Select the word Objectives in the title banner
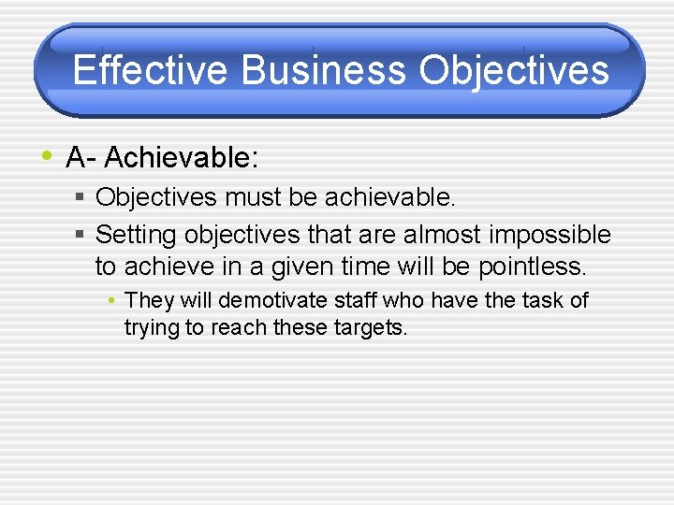(514, 70)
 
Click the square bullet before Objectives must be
(81, 197)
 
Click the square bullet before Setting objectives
(81, 234)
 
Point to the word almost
(437, 234)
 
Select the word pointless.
(532, 267)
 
